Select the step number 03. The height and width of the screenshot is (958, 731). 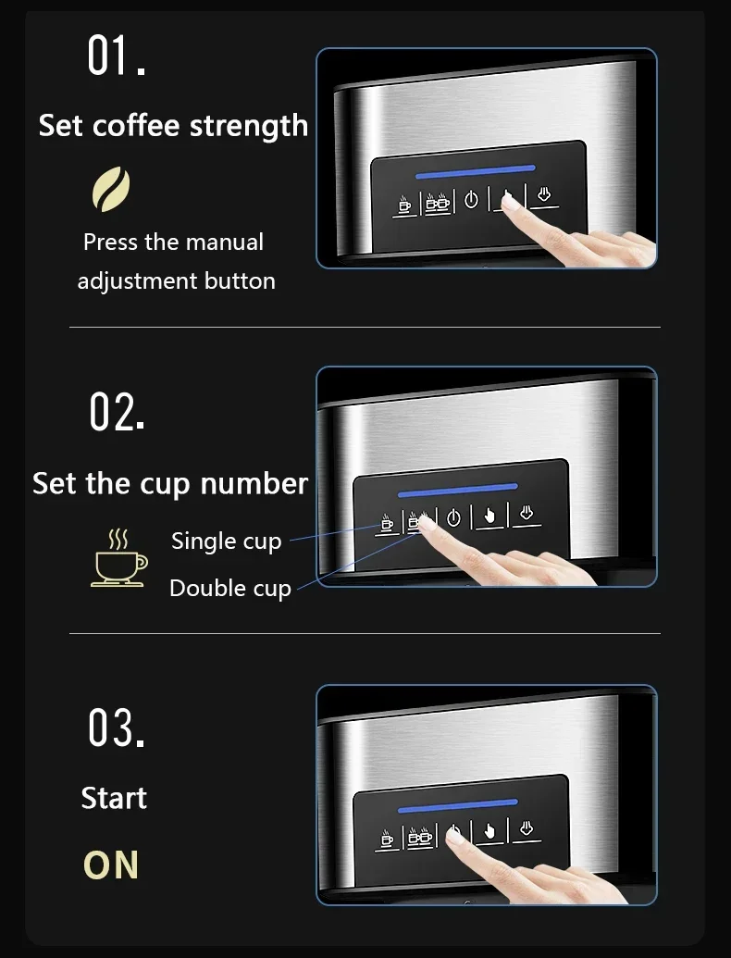(117, 728)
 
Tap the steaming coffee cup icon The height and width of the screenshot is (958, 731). (118, 557)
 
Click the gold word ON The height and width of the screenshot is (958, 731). (111, 865)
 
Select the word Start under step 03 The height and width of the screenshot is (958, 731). (114, 798)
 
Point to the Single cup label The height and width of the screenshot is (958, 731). (226, 541)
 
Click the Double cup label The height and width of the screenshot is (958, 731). (229, 589)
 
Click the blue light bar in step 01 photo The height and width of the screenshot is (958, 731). (475, 171)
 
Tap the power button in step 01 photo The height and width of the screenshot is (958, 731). (471, 200)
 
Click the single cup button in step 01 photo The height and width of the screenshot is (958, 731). (403, 203)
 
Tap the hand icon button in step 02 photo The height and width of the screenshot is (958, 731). (489, 516)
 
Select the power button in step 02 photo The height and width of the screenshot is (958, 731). (453, 518)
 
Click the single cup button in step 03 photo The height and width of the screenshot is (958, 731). (387, 837)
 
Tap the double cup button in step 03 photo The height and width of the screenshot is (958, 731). (420, 837)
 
